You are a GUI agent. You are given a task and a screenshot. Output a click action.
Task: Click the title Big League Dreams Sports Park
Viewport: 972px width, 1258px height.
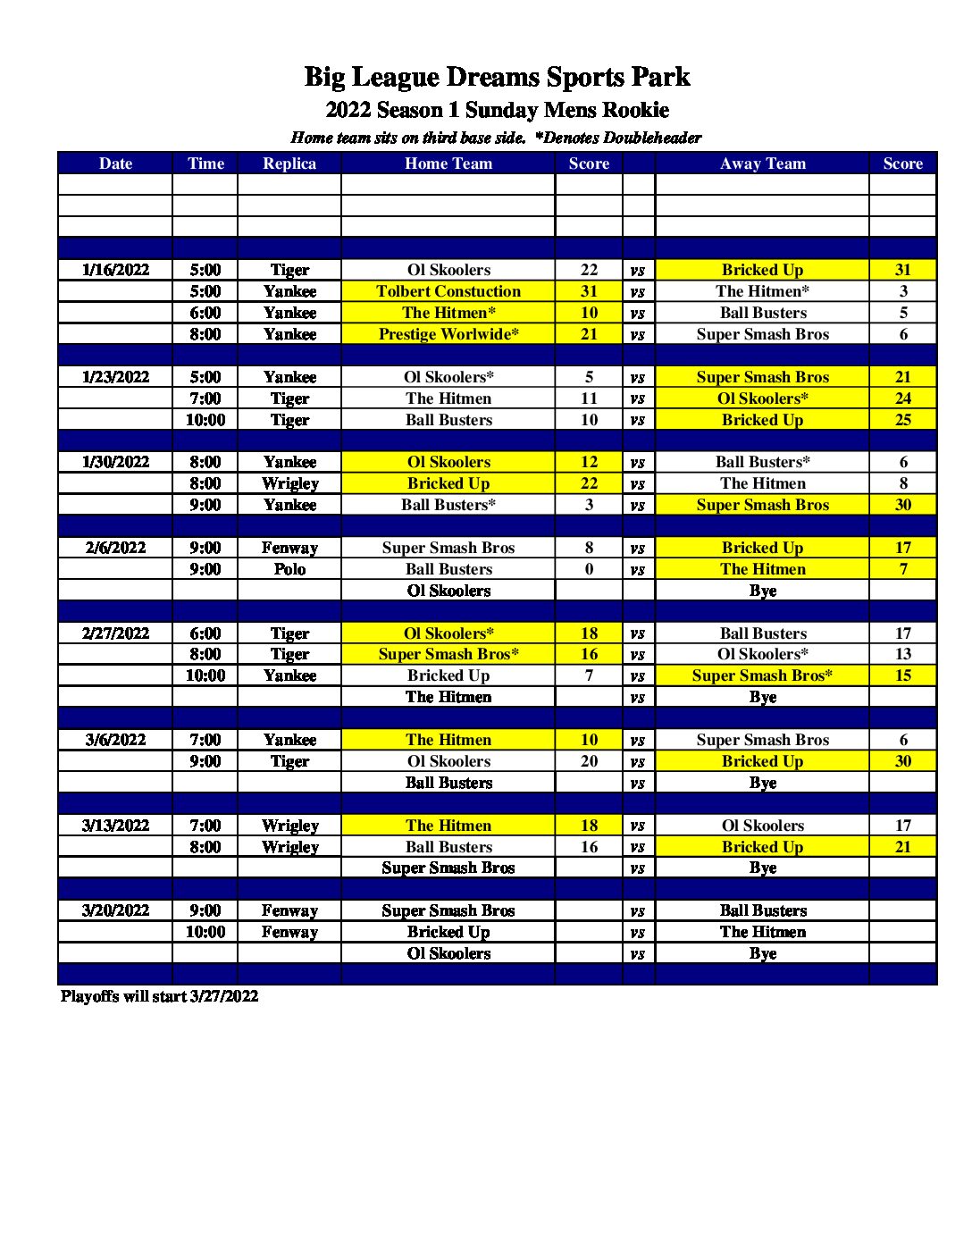[497, 77]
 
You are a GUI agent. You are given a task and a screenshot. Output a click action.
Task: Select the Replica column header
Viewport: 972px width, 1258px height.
[289, 164]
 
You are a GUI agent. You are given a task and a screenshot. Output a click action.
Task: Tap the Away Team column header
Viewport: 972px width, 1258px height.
[762, 164]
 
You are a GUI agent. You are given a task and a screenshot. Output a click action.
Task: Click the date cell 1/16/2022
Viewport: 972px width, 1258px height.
[115, 270]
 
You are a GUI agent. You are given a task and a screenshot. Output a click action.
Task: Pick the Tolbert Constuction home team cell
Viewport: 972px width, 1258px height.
[448, 291]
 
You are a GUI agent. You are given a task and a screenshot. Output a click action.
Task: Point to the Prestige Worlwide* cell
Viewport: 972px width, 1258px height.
[448, 334]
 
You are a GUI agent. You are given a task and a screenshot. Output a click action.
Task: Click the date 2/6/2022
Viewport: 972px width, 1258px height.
[115, 548]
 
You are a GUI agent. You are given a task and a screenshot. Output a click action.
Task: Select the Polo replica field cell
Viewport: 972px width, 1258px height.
[289, 569]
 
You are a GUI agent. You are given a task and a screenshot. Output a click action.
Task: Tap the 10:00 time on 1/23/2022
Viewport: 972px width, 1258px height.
[205, 420]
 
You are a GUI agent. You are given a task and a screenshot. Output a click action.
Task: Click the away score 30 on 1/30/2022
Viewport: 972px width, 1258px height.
[903, 505]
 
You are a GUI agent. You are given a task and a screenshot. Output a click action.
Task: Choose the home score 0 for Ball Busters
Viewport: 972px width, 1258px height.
[589, 569]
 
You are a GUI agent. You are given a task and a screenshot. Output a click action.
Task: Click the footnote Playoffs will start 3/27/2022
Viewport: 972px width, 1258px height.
[159, 996]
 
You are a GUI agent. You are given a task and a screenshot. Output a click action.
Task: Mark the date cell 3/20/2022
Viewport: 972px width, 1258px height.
[115, 910]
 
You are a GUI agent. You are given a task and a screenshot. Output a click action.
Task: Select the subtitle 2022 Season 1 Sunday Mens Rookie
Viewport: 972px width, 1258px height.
[497, 110]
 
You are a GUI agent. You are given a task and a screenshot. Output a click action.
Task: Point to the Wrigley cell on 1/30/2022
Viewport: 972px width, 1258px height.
[289, 483]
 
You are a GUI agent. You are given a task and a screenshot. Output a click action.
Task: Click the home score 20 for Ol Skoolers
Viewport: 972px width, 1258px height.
[589, 761]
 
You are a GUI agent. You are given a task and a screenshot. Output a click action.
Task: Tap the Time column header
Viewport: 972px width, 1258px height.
[205, 164]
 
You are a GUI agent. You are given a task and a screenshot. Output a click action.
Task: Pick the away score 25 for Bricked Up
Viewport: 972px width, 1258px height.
[903, 420]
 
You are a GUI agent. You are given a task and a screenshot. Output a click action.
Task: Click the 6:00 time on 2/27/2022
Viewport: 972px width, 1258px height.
[205, 633]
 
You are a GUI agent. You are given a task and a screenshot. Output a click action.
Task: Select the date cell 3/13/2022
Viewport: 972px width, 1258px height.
[115, 826]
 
